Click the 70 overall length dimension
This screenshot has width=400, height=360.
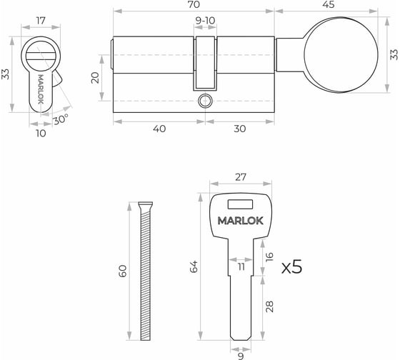click(x=194, y=4)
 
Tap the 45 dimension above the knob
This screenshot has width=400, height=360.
click(x=329, y=4)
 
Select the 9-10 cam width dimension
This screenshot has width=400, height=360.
click(x=205, y=21)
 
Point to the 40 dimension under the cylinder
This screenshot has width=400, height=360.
click(x=159, y=129)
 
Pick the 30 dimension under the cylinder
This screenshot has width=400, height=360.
click(x=240, y=129)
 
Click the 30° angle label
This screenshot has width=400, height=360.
click(x=61, y=119)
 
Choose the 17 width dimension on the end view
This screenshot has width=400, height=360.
click(x=41, y=21)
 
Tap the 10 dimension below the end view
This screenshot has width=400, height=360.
click(x=41, y=133)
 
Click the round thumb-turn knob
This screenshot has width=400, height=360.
click(x=341, y=54)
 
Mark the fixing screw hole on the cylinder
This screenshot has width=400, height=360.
click(x=206, y=101)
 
